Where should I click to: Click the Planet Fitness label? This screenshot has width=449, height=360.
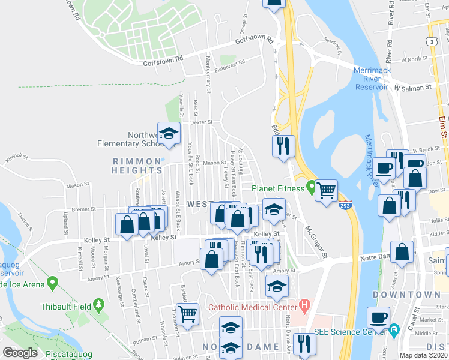[x=278, y=188]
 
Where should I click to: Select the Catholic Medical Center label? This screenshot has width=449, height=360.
[x=253, y=308]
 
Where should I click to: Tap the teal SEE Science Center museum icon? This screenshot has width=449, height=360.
[x=394, y=330]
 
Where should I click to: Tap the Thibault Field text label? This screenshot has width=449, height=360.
[x=65, y=307]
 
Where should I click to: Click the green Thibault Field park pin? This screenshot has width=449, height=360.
[x=98, y=306]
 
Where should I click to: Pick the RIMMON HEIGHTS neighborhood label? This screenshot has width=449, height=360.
[x=137, y=166]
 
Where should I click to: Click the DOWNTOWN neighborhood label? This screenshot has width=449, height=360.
[x=406, y=295]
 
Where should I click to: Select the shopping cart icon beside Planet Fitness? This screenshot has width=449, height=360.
[x=326, y=191]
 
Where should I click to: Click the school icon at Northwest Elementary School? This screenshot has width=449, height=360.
[x=169, y=134]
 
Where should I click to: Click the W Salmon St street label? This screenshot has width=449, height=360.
[x=413, y=88]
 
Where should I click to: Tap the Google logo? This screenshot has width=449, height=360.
[x=20, y=352]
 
